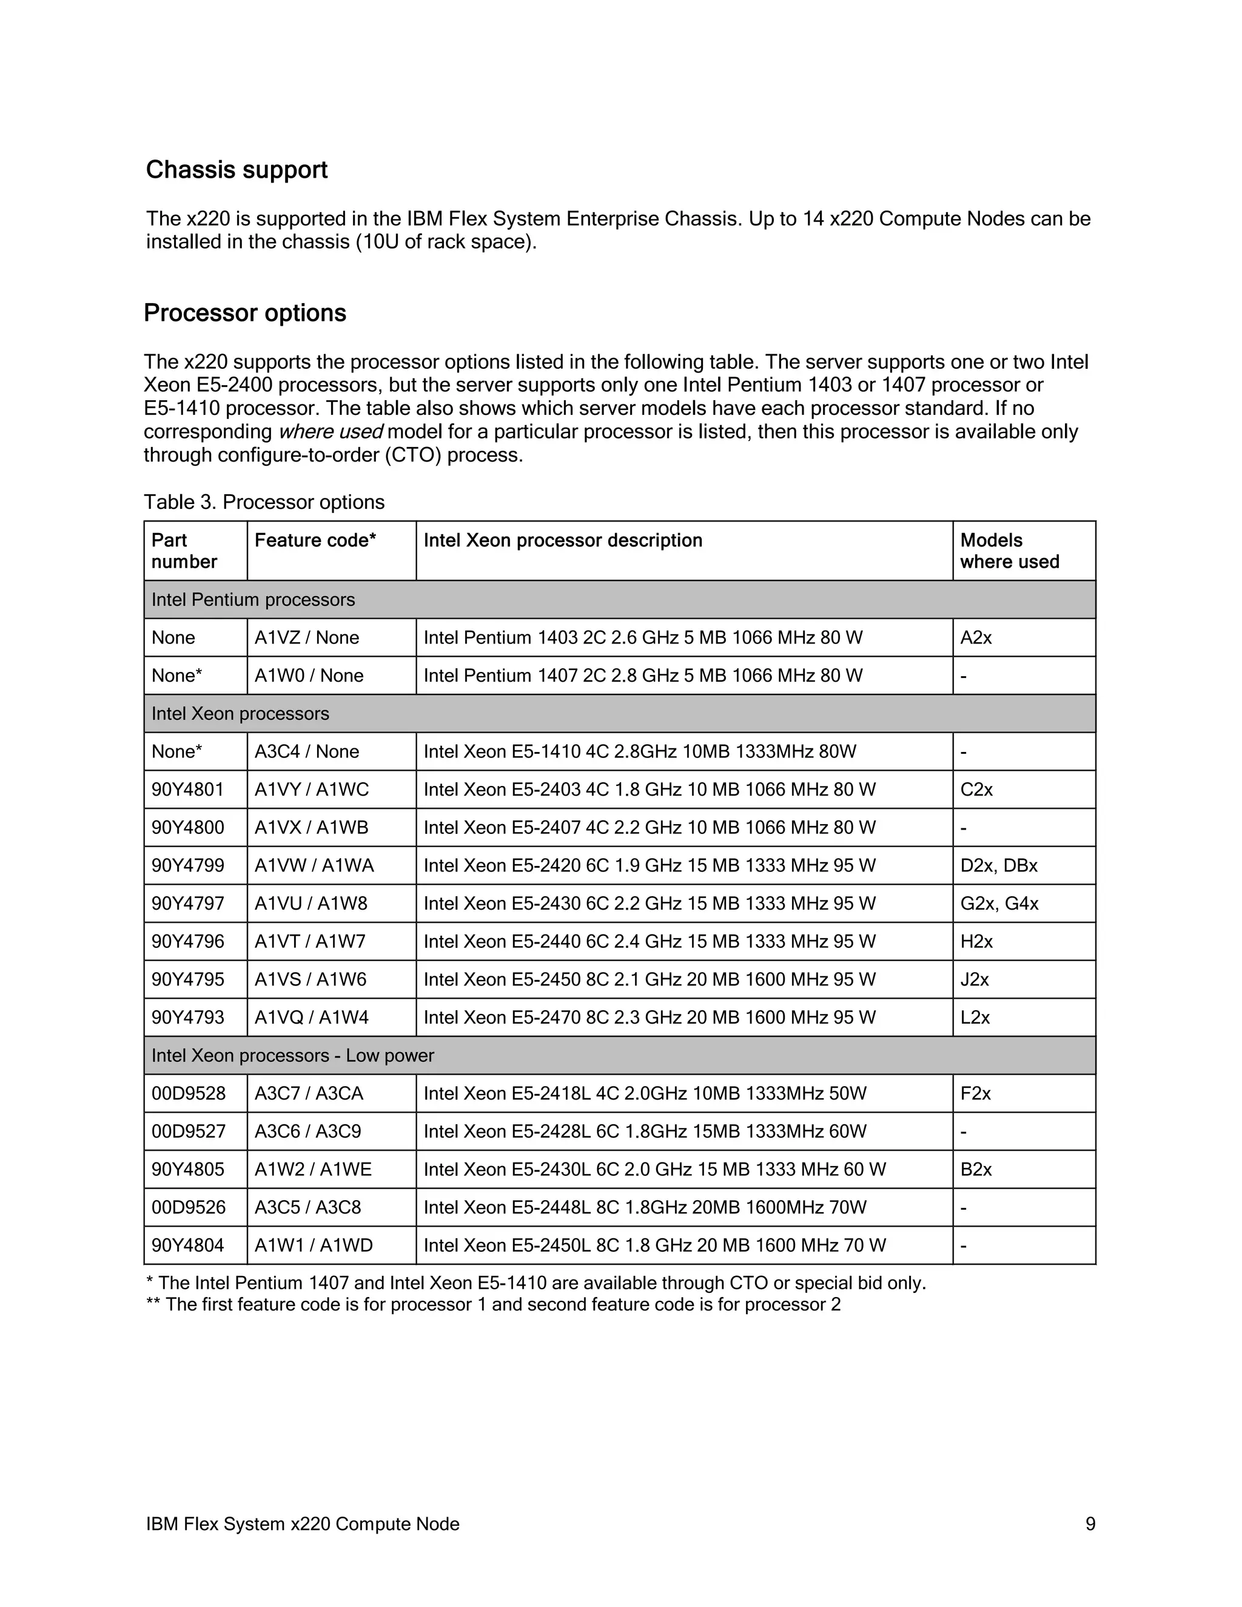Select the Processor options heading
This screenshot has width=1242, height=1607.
point(244,314)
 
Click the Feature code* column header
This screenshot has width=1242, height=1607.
point(315,540)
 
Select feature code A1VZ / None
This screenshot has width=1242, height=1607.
point(307,637)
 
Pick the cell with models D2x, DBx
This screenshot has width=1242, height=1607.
point(998,865)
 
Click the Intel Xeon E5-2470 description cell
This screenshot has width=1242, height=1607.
point(649,1018)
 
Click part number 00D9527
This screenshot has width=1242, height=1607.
point(189,1131)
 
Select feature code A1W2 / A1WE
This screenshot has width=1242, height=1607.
point(313,1169)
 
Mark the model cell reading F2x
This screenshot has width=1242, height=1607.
point(976,1093)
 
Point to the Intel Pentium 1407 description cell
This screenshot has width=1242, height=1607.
point(642,676)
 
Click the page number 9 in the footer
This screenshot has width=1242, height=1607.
point(1090,1524)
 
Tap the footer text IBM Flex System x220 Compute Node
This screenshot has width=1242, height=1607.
point(303,1524)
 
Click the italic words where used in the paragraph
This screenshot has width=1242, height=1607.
point(331,432)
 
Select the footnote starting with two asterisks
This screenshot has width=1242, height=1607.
point(493,1304)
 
